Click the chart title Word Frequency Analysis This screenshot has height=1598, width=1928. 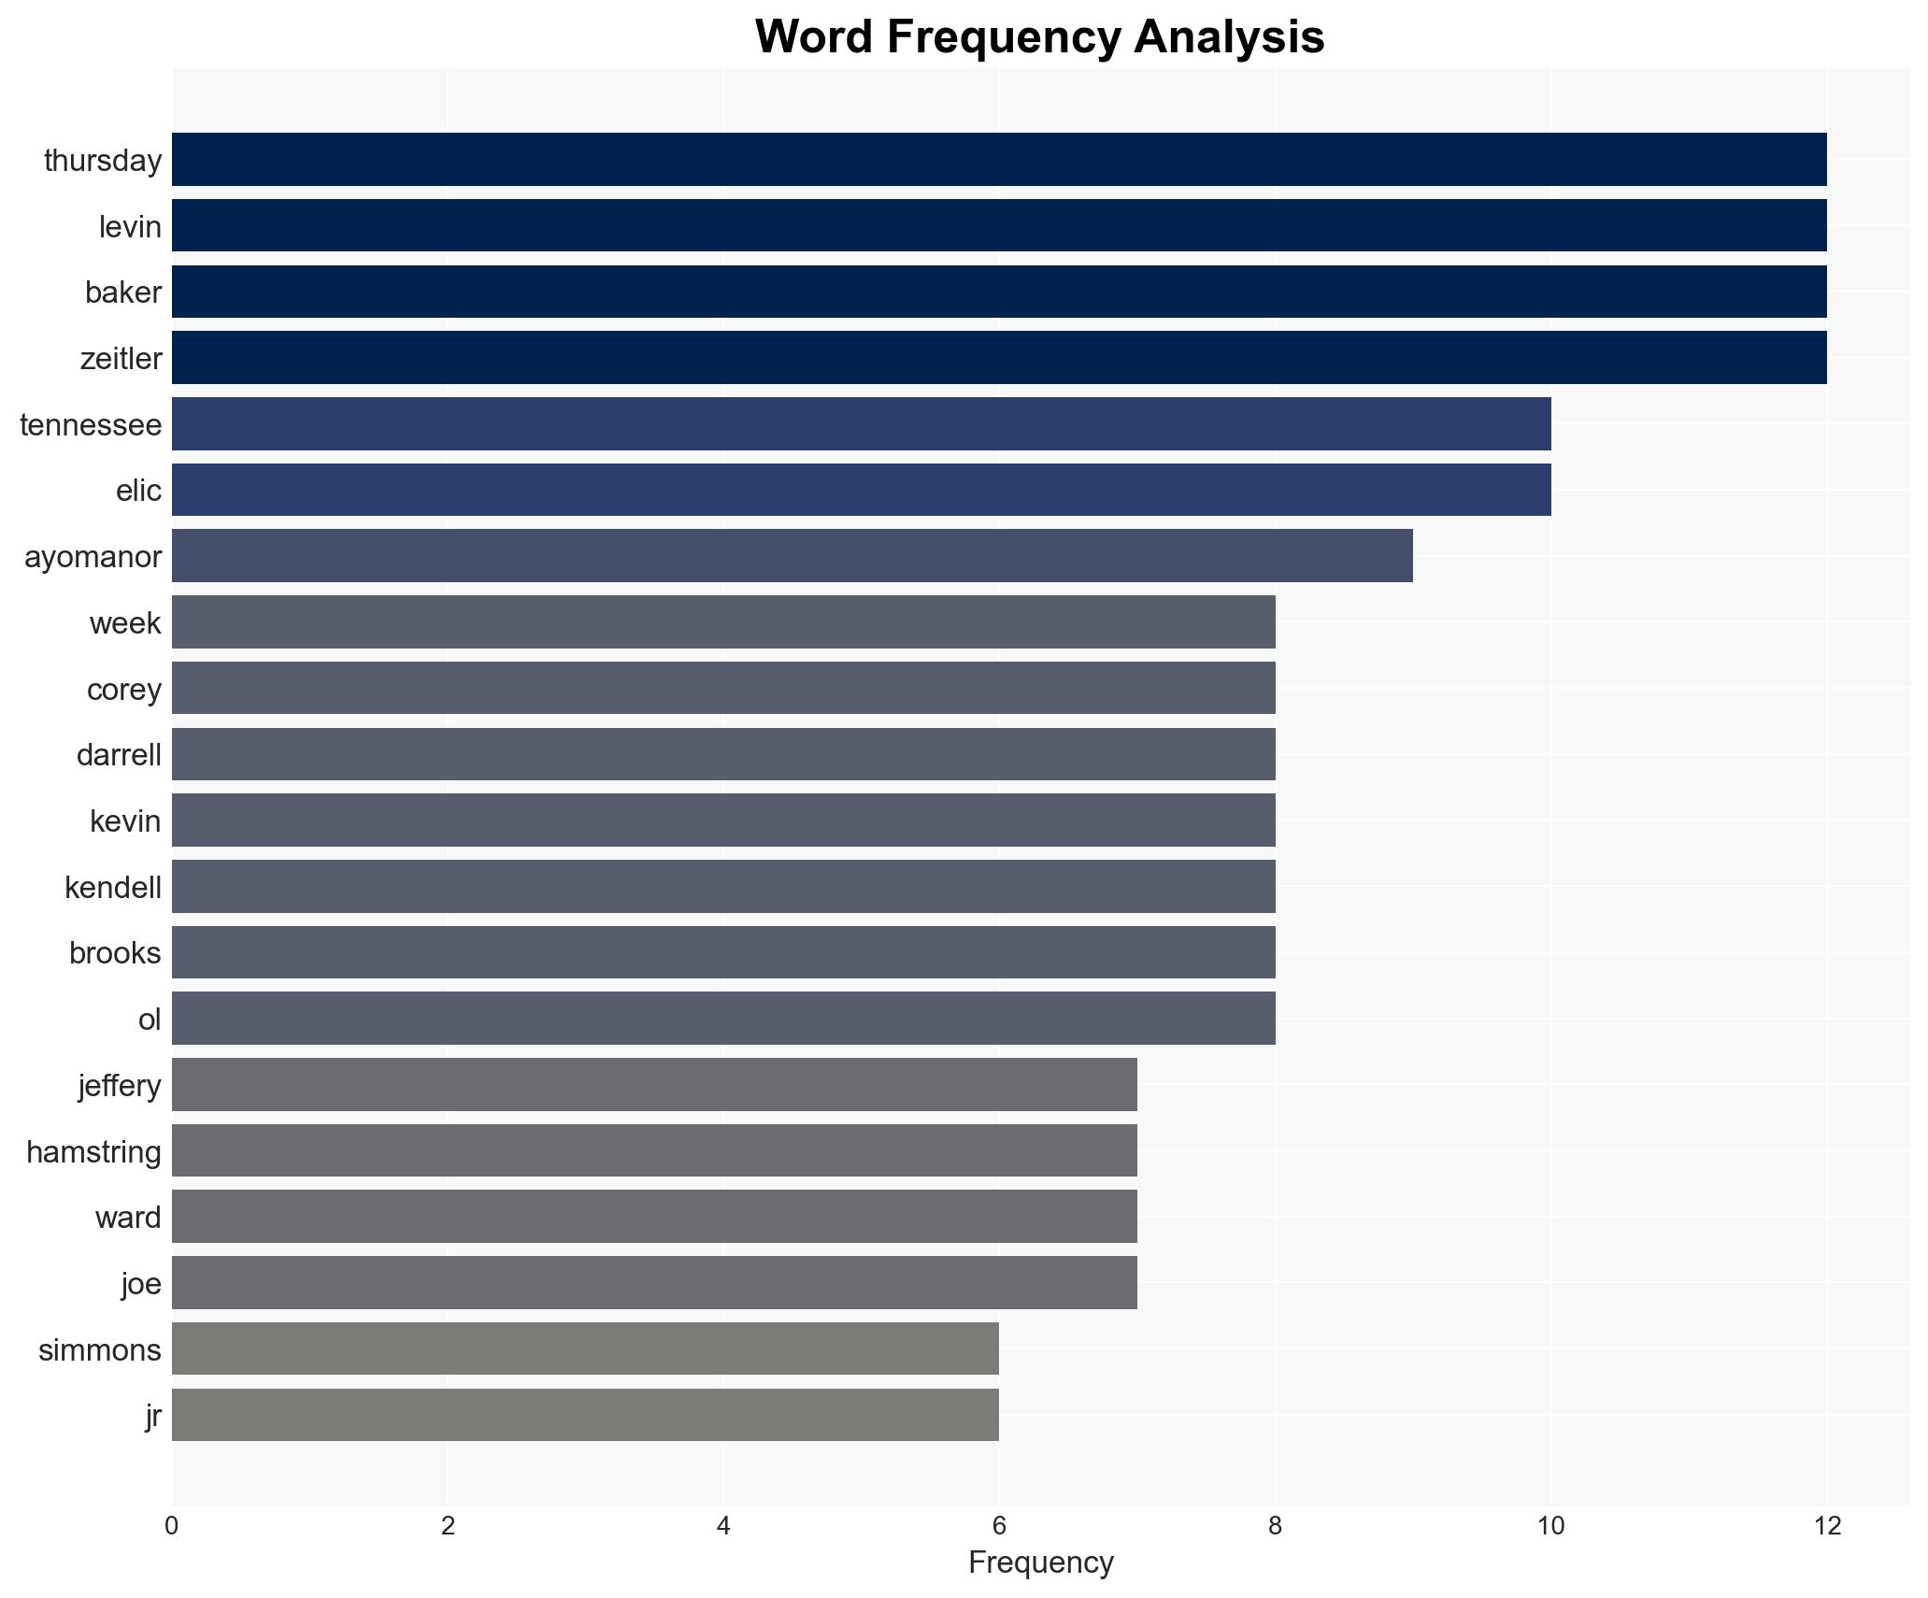tap(1039, 38)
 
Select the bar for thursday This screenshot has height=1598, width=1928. tap(998, 160)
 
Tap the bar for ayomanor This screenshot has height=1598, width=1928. tap(792, 556)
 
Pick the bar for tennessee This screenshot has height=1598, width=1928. tap(861, 424)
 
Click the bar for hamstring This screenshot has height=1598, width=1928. tap(654, 1150)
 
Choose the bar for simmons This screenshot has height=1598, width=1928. tap(585, 1348)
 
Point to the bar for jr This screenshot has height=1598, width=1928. tap(585, 1415)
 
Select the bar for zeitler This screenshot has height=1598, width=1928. tap(998, 358)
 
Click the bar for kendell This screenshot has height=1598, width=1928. tap(723, 887)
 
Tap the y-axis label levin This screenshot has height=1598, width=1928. tap(130, 227)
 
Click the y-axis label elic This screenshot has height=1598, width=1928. tap(138, 491)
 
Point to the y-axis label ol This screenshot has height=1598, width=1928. tap(150, 1020)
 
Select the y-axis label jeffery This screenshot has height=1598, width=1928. tap(120, 1086)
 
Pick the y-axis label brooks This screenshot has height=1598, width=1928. tap(115, 953)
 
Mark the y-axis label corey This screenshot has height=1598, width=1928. tap(123, 690)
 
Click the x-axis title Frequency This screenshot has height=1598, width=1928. tap(1040, 1562)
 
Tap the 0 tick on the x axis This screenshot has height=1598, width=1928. tap(172, 1526)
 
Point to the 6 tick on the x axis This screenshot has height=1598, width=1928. tap(999, 1526)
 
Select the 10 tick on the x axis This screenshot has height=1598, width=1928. tap(1550, 1526)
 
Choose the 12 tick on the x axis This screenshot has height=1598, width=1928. tap(1826, 1526)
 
